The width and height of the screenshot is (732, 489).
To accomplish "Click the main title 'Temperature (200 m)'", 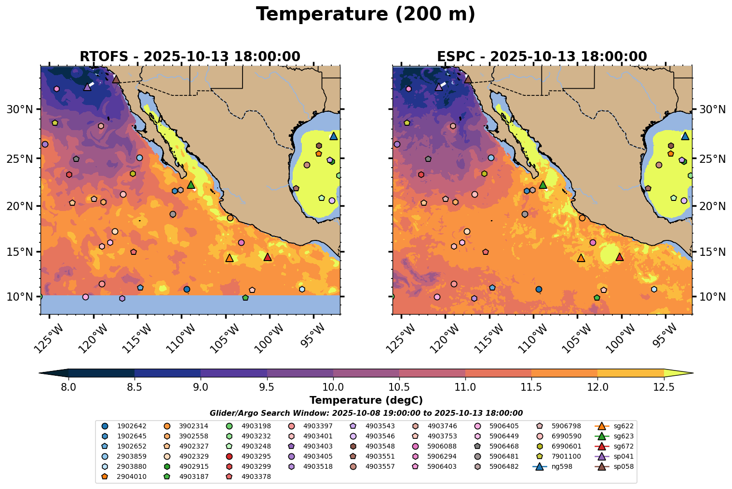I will pos(366,14).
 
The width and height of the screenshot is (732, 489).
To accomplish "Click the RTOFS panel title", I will pos(190,56).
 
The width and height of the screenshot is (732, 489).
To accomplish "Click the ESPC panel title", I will pos(542,56).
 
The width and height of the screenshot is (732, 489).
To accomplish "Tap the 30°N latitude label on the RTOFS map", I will pos(20,109).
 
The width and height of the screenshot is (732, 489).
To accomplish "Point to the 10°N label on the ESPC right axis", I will pos(712,296).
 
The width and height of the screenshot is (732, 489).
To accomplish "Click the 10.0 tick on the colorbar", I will pos(333,386).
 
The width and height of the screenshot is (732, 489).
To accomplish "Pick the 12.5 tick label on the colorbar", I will pos(664,386).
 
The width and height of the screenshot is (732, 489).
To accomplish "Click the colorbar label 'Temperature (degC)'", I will pos(366,400).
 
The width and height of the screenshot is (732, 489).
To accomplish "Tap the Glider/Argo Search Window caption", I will pos(366,413).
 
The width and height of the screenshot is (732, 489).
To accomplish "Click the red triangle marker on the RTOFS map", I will pos(268,257).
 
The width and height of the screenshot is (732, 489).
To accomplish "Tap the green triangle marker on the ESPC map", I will pos(543,185).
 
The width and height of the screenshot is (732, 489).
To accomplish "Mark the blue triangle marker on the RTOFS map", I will pos(333,136).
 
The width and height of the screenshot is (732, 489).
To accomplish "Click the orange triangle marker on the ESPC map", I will pos(581,258).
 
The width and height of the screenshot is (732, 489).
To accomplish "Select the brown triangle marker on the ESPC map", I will pos(468,79).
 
